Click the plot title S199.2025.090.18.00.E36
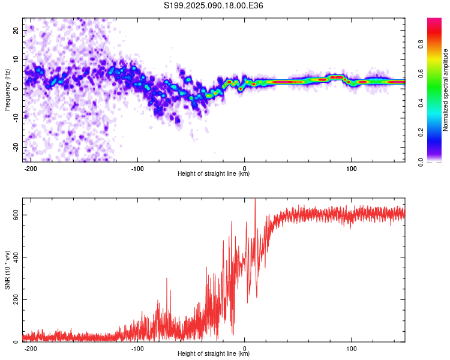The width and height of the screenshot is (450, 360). pos(213,5)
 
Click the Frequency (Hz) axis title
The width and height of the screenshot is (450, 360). pos(7,90)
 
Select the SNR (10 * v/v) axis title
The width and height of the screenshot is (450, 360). pos(7,270)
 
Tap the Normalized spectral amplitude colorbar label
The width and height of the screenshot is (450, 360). pos(445,90)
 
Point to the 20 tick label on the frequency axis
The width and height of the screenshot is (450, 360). pos(16,30)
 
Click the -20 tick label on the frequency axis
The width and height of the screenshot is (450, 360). pos(16,147)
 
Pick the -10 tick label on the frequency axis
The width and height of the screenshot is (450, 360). pos(16,118)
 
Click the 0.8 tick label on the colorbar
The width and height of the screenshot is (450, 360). pos(421,44)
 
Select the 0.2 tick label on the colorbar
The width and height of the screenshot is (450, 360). pos(421,133)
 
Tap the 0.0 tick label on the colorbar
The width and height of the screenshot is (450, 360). pos(421,162)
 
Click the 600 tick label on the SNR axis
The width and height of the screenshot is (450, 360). pos(16,215)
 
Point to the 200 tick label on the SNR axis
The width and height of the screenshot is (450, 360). pos(16,299)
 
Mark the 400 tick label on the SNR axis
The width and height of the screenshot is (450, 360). pos(16,257)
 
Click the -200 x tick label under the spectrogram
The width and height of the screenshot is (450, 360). pos(30,169)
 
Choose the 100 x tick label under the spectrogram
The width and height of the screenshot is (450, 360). pos(351,169)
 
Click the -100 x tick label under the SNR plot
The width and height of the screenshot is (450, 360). pos(137,349)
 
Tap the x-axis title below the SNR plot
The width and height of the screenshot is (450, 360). pos(214,353)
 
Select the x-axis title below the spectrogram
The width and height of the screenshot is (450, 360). pos(214,173)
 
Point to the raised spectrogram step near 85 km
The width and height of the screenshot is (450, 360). pos(337,77)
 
